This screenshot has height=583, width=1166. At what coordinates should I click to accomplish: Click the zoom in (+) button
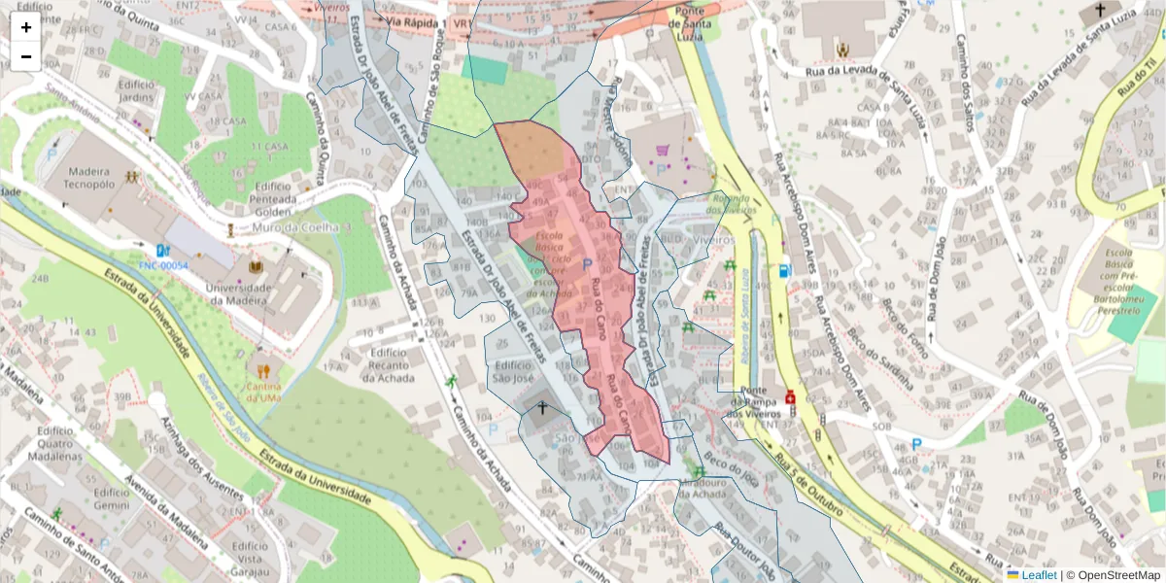26,27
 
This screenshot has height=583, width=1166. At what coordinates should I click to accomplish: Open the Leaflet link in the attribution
1038,575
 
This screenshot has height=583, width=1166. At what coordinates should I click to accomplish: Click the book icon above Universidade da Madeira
257,266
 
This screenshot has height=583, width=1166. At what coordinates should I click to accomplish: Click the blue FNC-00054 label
163,265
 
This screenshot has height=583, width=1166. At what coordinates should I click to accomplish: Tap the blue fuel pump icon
783,271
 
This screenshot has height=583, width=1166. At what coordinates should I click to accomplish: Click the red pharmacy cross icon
790,397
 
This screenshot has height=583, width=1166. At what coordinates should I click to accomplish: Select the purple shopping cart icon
663,151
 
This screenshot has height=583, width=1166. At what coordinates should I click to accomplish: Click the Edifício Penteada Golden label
272,197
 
